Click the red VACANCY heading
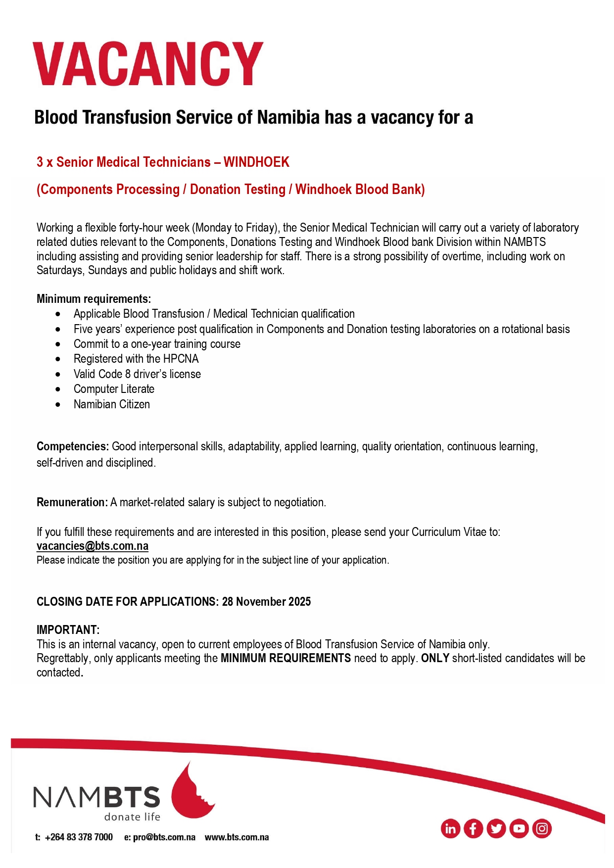click(x=148, y=64)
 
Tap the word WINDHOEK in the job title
click(x=256, y=162)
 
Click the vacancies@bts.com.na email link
click(x=93, y=546)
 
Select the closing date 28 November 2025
click(x=266, y=602)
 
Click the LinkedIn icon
click(x=450, y=828)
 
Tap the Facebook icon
click(x=473, y=828)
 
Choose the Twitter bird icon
click(x=496, y=828)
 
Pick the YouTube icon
click(x=519, y=828)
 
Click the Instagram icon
click(x=542, y=828)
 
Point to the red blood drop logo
click(x=190, y=792)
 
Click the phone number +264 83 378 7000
click(x=79, y=837)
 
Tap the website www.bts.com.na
click(x=236, y=837)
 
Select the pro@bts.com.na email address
click(x=164, y=837)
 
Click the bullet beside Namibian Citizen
click(x=58, y=405)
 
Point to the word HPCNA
click(x=181, y=359)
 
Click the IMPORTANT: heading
click(x=68, y=630)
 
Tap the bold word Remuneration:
click(x=72, y=502)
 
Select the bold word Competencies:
click(x=73, y=446)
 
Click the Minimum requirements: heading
click(x=94, y=299)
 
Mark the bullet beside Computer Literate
click(x=58, y=389)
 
